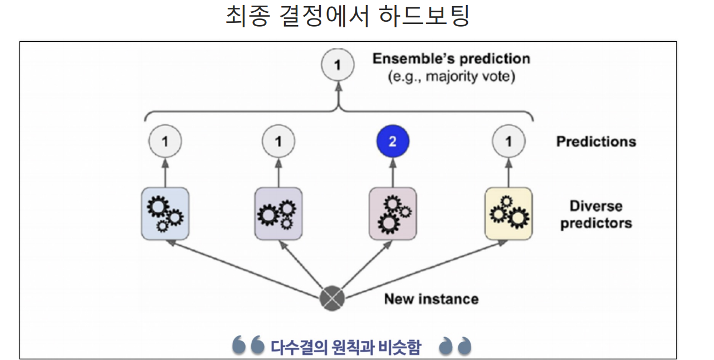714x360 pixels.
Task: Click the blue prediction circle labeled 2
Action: pyautogui.click(x=392, y=142)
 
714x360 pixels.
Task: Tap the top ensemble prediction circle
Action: pyautogui.click(x=337, y=66)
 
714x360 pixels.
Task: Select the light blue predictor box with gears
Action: pyautogui.click(x=165, y=214)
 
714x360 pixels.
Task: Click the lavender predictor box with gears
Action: pyautogui.click(x=278, y=214)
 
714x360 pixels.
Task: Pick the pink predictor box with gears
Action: pyautogui.click(x=393, y=214)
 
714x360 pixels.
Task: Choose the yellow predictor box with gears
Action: pyautogui.click(x=508, y=214)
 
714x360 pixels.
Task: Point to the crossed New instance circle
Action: pyautogui.click(x=332, y=300)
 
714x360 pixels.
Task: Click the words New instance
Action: pyautogui.click(x=431, y=299)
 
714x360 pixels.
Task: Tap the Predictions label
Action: pyautogui.click(x=595, y=142)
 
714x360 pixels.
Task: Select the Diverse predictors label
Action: pyautogui.click(x=596, y=215)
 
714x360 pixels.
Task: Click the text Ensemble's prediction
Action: pyautogui.click(x=451, y=59)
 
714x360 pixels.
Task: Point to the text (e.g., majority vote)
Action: pyautogui.click(x=451, y=76)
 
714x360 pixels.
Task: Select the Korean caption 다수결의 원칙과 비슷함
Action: pyautogui.click(x=346, y=348)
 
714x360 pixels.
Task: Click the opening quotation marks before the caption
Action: pyautogui.click(x=248, y=346)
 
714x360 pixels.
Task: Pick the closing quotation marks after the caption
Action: pyautogui.click(x=455, y=346)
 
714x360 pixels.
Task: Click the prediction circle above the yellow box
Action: pyautogui.click(x=508, y=142)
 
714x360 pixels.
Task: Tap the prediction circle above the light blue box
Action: pyautogui.click(x=165, y=142)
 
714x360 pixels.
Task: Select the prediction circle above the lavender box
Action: pyautogui.click(x=278, y=142)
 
